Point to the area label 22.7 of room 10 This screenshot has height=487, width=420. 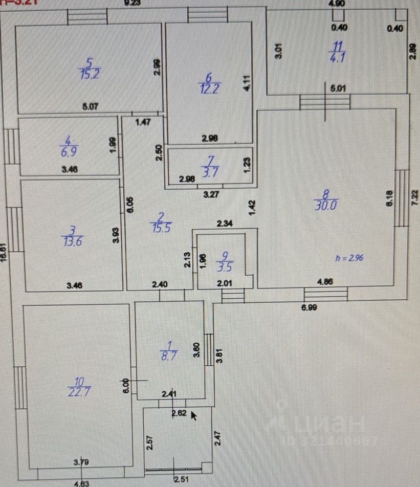click(79, 392)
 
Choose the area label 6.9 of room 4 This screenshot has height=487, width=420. click(68, 152)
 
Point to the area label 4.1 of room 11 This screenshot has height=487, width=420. click(338, 57)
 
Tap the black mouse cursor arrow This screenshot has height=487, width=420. click(194, 414)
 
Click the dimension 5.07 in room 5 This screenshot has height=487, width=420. click(91, 107)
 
